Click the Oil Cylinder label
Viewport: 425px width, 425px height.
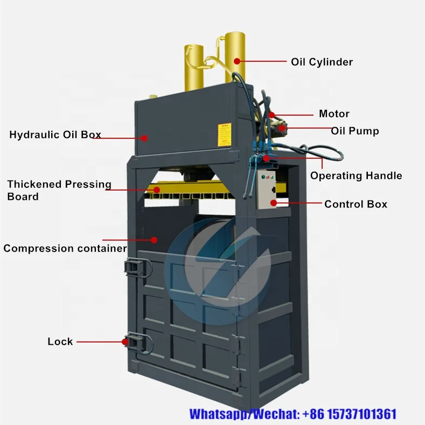pyautogui.click(x=322, y=62)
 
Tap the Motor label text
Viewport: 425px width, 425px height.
pyautogui.click(x=334, y=114)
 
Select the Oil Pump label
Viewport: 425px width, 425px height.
pyautogui.click(x=354, y=131)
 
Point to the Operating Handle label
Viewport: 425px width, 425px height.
pyautogui.click(x=356, y=176)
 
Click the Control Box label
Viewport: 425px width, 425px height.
pyautogui.click(x=356, y=204)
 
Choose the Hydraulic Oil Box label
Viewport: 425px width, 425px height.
pyautogui.click(x=55, y=135)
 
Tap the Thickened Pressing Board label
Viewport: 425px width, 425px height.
pyautogui.click(x=59, y=190)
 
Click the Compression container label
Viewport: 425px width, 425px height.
pyautogui.click(x=65, y=248)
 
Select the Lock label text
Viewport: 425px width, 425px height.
pyautogui.click(x=60, y=342)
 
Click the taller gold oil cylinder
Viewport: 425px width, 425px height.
pyautogui.click(x=235, y=57)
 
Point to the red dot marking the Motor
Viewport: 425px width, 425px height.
pyautogui.click(x=272, y=114)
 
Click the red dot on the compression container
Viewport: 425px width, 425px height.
pyautogui.click(x=155, y=240)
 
